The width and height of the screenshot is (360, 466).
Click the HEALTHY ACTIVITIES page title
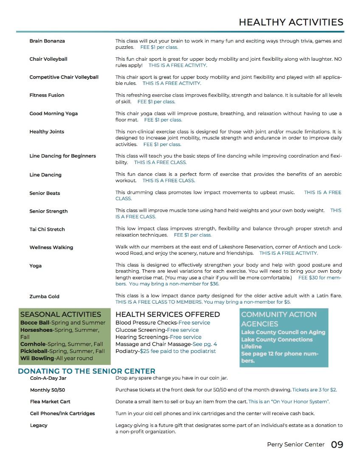tap(291, 22)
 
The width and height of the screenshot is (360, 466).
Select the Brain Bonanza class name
tap(47, 41)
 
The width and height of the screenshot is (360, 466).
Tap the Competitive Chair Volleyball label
tap(64, 77)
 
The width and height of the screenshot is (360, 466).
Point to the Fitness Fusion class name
tap(47, 96)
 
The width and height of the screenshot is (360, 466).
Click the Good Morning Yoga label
tap(53, 114)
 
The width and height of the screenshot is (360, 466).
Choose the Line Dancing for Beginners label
tap(62, 156)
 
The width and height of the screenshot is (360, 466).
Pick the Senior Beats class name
tap(45, 193)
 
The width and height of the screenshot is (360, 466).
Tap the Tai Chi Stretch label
tap(47, 229)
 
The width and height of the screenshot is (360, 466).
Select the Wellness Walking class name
tap(51, 248)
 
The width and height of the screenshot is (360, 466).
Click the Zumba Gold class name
tap(44, 297)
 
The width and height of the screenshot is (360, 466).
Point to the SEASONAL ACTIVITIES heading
tap(61, 315)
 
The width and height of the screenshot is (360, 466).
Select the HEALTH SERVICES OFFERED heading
tap(168, 315)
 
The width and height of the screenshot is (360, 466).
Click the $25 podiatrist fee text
tap(178, 351)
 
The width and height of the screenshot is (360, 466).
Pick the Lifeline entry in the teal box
tap(251, 347)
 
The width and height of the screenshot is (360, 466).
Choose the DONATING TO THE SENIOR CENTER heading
tap(87, 371)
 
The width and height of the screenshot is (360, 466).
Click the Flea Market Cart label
tap(50, 402)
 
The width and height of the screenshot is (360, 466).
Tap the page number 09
tap(337, 445)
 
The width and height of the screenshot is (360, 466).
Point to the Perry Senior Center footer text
tap(295, 445)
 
